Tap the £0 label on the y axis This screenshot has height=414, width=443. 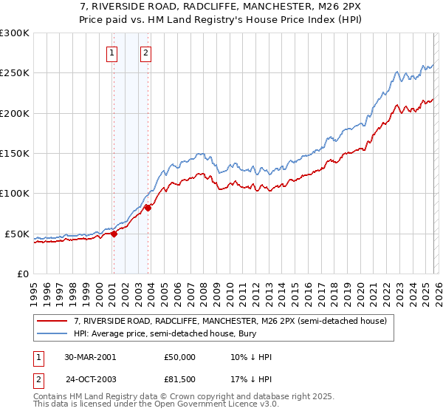click(x=21, y=274)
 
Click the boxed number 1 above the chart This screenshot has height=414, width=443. click(x=111, y=52)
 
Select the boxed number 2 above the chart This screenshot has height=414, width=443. click(x=146, y=52)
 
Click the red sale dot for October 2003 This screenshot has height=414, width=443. click(x=148, y=208)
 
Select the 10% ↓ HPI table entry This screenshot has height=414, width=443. click(x=251, y=357)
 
